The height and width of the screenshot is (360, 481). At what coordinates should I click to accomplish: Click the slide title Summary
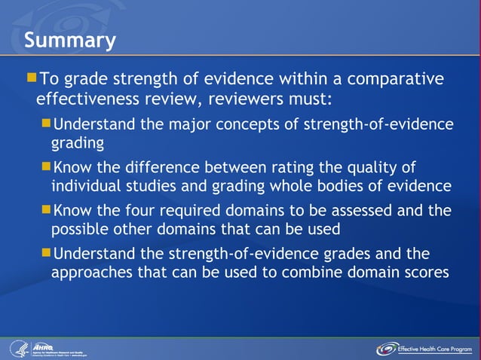pyautogui.click(x=69, y=39)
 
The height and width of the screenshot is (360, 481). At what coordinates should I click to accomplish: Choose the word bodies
pyautogui.click(x=336, y=186)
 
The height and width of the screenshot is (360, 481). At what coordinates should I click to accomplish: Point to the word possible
pyautogui.click(x=79, y=229)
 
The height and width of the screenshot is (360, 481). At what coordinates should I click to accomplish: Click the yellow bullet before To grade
pyautogui.click(x=31, y=78)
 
